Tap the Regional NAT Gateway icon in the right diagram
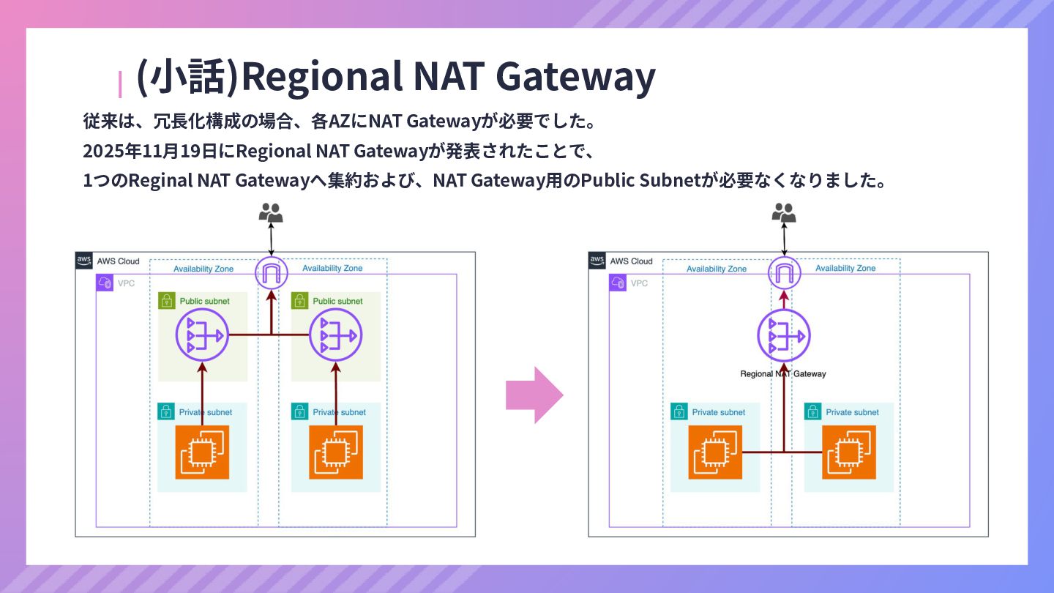click(x=784, y=336)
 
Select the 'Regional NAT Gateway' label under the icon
click(x=783, y=374)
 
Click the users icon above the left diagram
click(x=271, y=213)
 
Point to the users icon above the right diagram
click(x=784, y=213)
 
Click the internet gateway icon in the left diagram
click(x=272, y=274)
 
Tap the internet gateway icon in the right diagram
click(x=784, y=274)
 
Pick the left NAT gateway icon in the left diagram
click(x=203, y=335)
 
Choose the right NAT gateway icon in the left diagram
click(x=336, y=335)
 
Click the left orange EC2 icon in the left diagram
click(x=202, y=452)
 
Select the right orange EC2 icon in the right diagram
click(x=849, y=452)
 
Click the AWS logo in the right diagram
click(x=597, y=261)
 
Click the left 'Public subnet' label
click(x=204, y=301)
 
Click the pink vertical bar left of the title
click(x=120, y=83)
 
